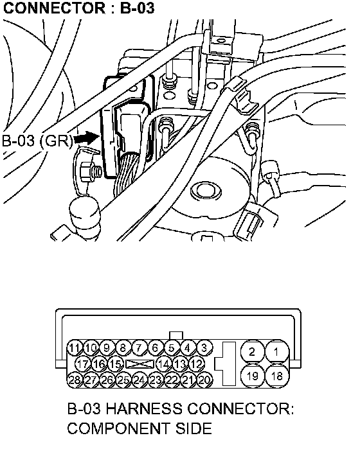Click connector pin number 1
click(x=277, y=352)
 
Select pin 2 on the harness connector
click(x=252, y=352)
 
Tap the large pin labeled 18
click(x=277, y=376)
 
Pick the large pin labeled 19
click(x=252, y=376)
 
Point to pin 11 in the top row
click(x=75, y=348)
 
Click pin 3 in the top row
click(x=204, y=348)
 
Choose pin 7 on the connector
click(x=139, y=348)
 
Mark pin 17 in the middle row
click(x=83, y=364)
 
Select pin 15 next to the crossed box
click(x=116, y=364)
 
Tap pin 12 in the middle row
click(x=197, y=364)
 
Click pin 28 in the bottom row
click(x=75, y=380)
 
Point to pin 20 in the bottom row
click(x=204, y=380)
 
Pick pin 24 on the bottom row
click(x=139, y=380)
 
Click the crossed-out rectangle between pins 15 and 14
click(x=139, y=364)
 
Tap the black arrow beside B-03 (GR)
click(x=86, y=137)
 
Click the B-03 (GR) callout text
click(x=37, y=141)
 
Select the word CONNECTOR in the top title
click(x=54, y=8)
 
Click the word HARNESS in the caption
click(x=144, y=408)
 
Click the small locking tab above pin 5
click(x=175, y=336)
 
